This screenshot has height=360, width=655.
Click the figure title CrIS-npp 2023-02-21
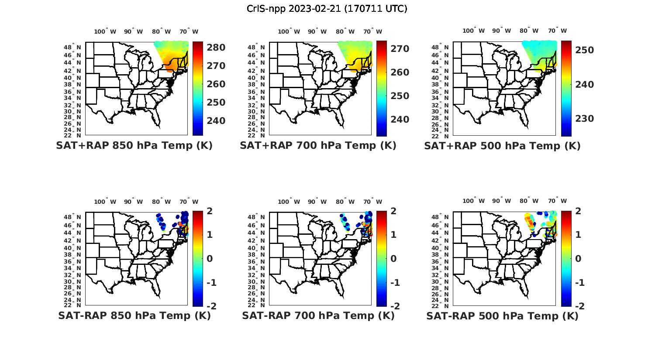pyautogui.click(x=327, y=9)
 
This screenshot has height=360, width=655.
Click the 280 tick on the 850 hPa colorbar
pyautogui.click(x=216, y=48)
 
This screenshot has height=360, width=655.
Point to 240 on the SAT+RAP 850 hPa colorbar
pyautogui.click(x=216, y=121)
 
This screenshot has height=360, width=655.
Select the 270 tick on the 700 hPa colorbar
pyautogui.click(x=400, y=49)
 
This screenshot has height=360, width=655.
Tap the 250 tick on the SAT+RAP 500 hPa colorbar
pyautogui.click(x=584, y=50)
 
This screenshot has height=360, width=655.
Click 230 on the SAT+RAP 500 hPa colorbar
pyautogui.click(x=584, y=119)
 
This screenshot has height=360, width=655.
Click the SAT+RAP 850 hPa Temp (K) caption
pyautogui.click(x=134, y=146)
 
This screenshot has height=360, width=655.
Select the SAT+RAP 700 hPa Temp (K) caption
pyautogui.click(x=318, y=146)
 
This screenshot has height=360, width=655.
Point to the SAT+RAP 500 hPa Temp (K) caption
pyautogui.click(x=502, y=146)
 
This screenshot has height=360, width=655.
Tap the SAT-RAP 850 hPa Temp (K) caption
pyautogui.click(x=134, y=315)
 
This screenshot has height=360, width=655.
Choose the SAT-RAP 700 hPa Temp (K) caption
pyautogui.click(x=318, y=315)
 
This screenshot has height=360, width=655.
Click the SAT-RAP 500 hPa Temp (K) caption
pyautogui.click(x=502, y=315)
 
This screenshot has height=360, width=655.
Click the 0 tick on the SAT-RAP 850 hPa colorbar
pyautogui.click(x=209, y=259)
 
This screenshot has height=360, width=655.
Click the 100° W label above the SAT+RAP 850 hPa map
pyautogui.click(x=105, y=31)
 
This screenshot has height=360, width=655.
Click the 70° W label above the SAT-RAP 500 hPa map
pyautogui.click(x=557, y=201)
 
